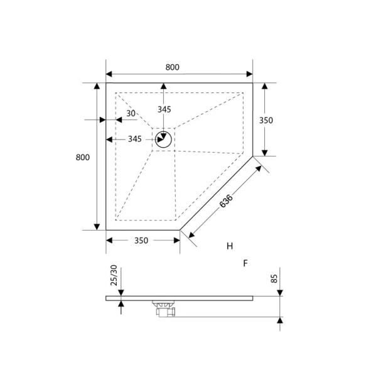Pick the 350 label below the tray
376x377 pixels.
(142, 241)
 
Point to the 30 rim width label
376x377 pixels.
(131, 114)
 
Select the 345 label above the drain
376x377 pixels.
(164, 109)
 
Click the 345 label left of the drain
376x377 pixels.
(134, 139)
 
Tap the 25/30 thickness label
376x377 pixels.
(114, 276)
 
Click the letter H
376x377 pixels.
(230, 246)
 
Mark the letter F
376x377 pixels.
(245, 263)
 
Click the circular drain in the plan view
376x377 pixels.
(164, 139)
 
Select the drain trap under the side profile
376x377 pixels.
(164, 308)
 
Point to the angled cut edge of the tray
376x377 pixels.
(217, 193)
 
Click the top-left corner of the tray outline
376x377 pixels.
(106, 83)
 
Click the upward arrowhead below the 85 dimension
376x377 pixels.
(279, 320)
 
